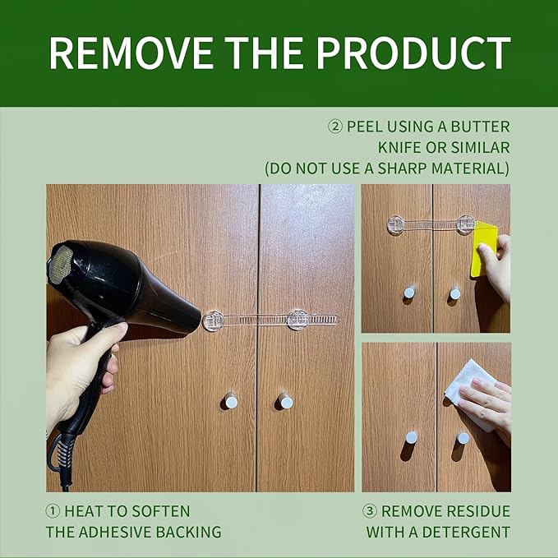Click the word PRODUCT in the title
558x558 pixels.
tap(413, 53)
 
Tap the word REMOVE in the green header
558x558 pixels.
tap(131, 53)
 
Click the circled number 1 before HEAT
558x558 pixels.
tap(53, 511)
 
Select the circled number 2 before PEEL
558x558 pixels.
tap(334, 127)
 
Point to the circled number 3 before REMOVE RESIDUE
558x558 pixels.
tap(370, 511)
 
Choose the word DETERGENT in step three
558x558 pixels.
tap(466, 533)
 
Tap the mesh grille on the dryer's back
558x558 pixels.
tap(61, 265)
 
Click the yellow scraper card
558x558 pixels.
tap(485, 248)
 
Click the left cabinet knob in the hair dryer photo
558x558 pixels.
tap(231, 401)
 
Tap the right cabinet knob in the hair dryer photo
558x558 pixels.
tap(285, 402)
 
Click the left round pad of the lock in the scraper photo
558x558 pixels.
tap(396, 225)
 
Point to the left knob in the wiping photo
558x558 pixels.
tap(411, 437)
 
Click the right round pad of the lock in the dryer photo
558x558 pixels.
tap(297, 319)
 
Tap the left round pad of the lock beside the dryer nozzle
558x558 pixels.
tap(213, 321)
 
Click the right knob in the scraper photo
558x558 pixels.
tap(455, 293)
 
